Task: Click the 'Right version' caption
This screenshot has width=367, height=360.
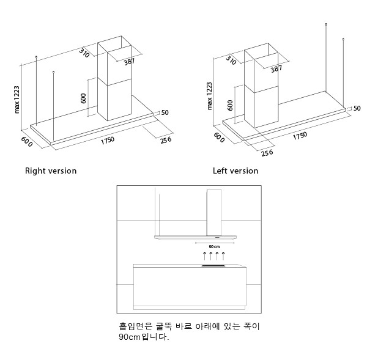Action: (51, 171)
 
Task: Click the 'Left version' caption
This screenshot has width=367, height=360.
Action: (235, 171)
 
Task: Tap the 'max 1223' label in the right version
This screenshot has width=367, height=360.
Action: (17, 99)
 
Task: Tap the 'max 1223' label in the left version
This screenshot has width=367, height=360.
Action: (210, 95)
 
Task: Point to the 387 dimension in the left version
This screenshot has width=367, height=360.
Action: (276, 68)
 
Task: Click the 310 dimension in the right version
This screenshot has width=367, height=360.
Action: (84, 53)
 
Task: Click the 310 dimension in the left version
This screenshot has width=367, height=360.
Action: (231, 60)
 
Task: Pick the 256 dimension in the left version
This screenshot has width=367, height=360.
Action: (267, 153)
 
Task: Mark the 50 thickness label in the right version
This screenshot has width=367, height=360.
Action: (165, 112)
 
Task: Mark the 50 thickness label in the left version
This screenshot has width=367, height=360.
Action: (357, 108)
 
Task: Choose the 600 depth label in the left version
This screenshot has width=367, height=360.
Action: (218, 138)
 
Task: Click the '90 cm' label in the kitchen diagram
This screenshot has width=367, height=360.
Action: (213, 246)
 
